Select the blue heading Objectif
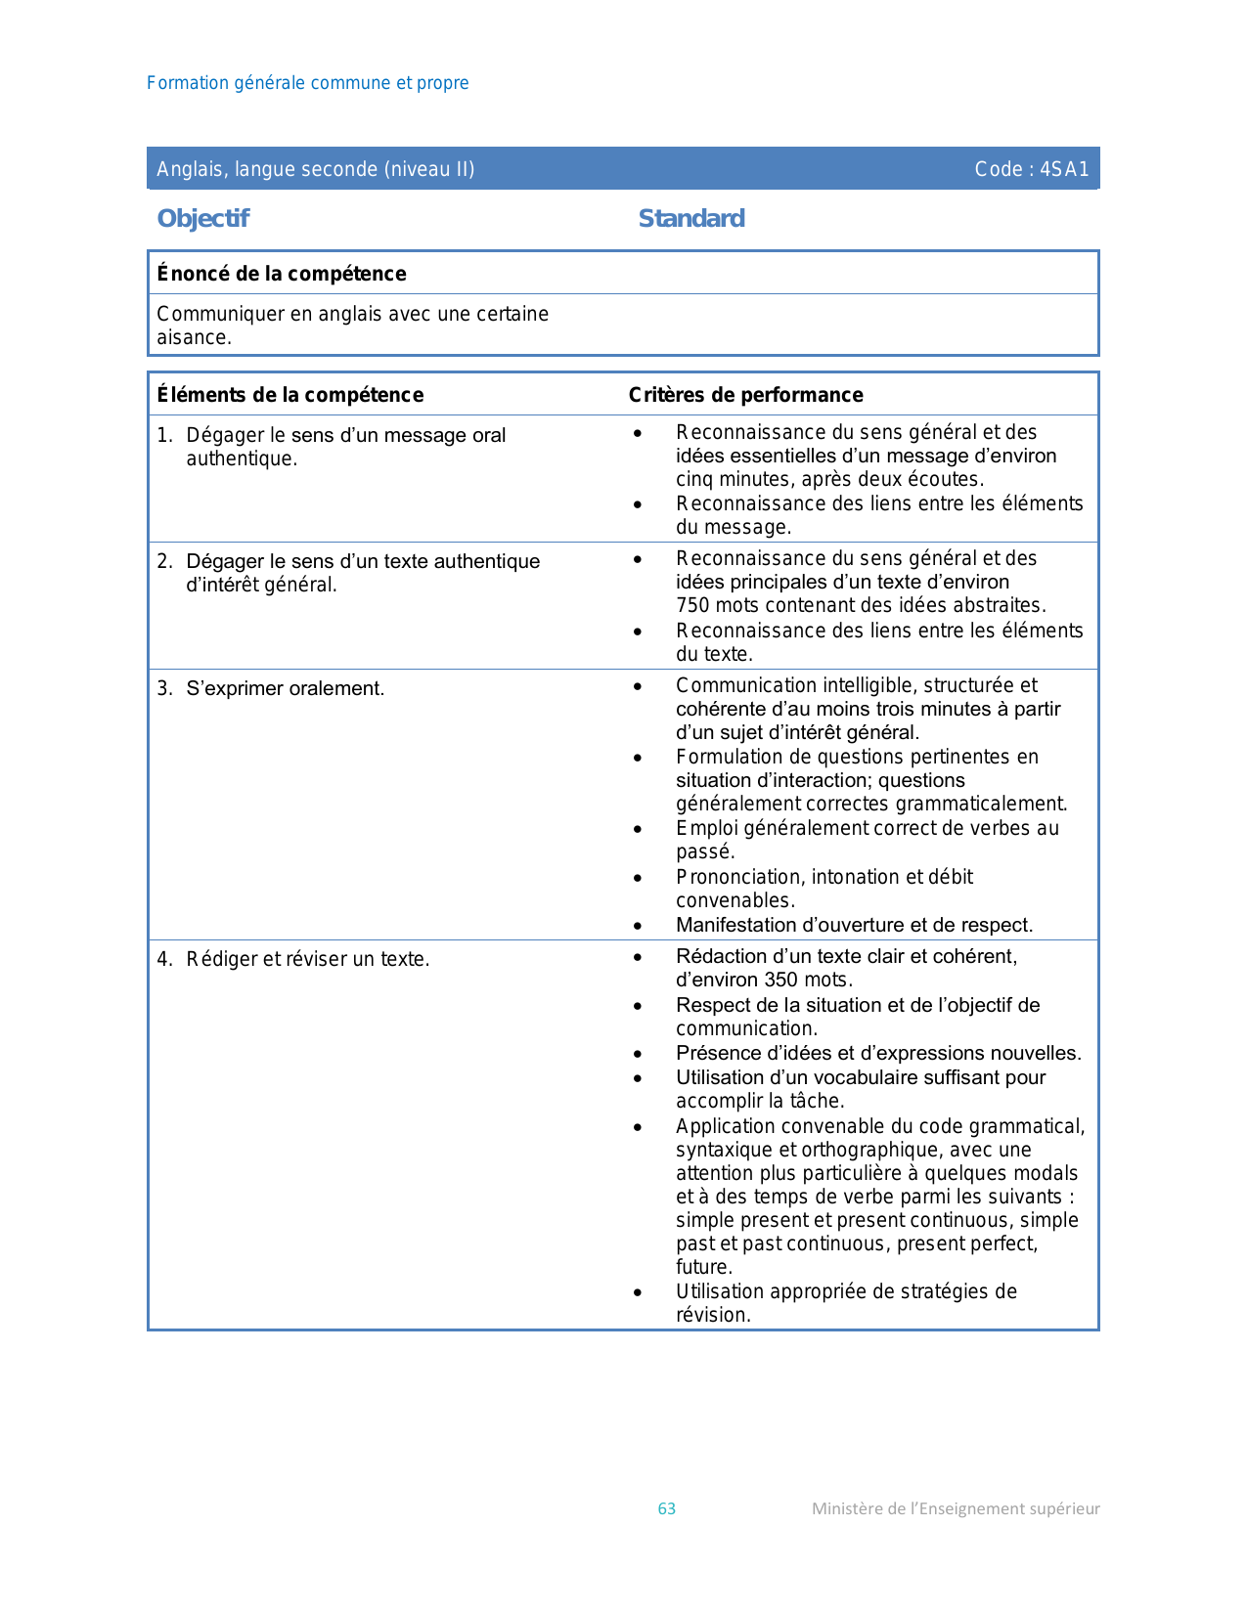(x=202, y=218)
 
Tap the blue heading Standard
(x=691, y=218)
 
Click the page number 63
(x=666, y=1508)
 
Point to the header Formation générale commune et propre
(x=307, y=83)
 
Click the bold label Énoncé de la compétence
(x=282, y=274)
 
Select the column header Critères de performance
(x=745, y=395)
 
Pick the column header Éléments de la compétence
(x=290, y=395)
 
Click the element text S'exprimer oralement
(x=285, y=688)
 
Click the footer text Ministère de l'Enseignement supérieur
(x=956, y=1508)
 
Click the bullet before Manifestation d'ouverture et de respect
(x=638, y=926)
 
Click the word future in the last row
(x=701, y=1267)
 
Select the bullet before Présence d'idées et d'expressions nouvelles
(x=638, y=1054)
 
